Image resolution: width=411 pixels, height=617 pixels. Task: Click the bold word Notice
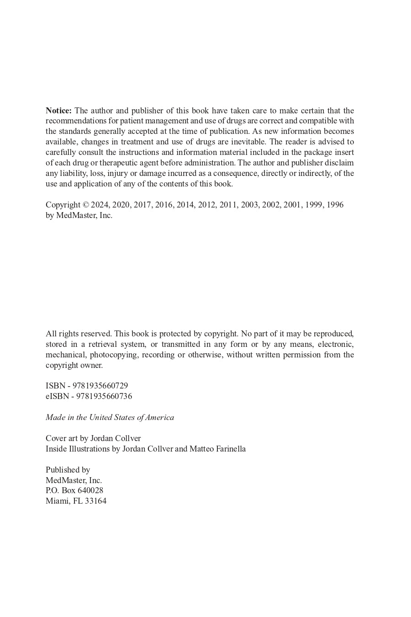[x=58, y=111]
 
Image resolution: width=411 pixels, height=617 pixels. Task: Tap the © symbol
[x=85, y=205]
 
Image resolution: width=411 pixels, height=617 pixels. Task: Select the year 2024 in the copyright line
[x=100, y=205]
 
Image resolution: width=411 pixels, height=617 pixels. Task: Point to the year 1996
[x=335, y=205]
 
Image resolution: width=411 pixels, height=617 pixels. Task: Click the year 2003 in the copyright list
[x=249, y=205]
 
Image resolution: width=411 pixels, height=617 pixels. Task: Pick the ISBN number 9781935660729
[x=100, y=386]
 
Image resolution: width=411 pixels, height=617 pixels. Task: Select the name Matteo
[x=201, y=449]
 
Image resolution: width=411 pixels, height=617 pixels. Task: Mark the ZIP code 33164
[x=95, y=501]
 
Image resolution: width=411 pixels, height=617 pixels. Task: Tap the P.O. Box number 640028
[x=90, y=490]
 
